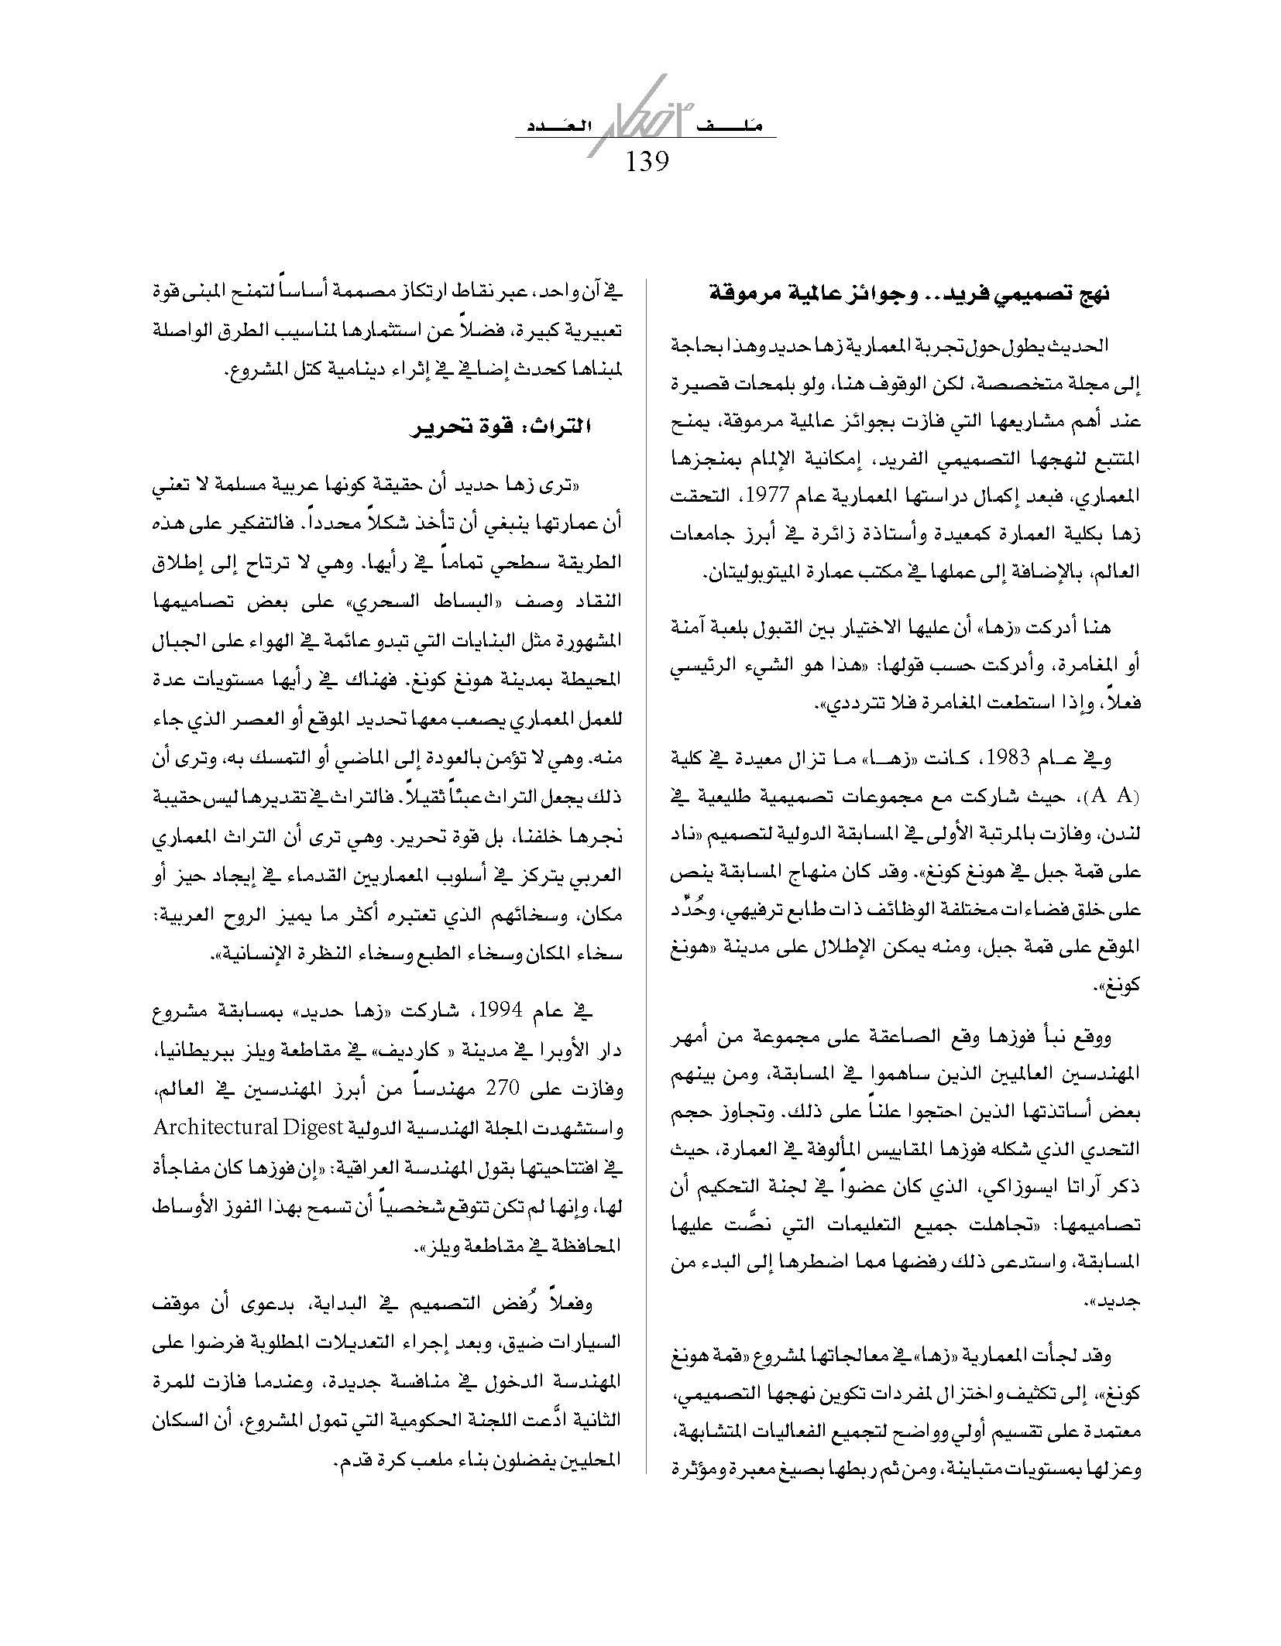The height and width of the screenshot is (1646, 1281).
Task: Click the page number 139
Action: pos(646,161)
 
